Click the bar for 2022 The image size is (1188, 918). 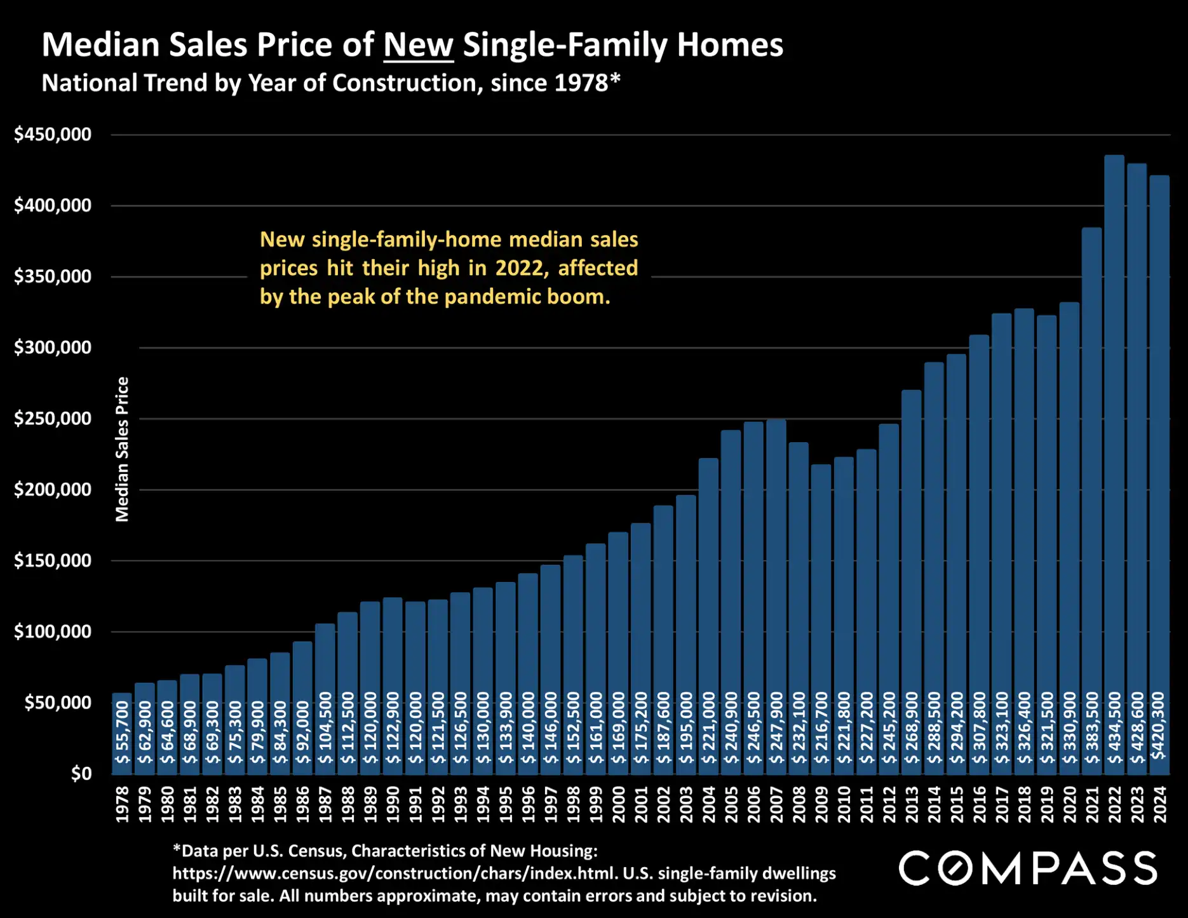click(x=1114, y=464)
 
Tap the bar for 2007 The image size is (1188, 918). click(x=776, y=597)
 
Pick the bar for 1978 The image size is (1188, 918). click(x=122, y=734)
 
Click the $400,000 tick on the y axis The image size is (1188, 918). click(x=53, y=206)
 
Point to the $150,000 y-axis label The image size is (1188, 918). click(x=53, y=561)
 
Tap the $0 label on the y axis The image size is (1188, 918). click(x=81, y=774)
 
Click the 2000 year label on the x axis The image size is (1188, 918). click(x=618, y=804)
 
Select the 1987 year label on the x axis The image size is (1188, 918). click(x=325, y=804)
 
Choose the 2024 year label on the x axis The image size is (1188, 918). click(x=1160, y=804)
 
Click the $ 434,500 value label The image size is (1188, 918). click(x=1114, y=728)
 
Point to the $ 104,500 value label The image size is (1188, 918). click(x=325, y=728)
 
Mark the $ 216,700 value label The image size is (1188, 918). click(x=821, y=728)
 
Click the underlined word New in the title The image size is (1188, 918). click(x=418, y=45)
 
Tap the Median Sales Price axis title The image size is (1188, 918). click(x=122, y=449)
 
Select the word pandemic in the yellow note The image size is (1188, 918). click(x=489, y=297)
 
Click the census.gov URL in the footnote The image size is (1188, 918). click(x=394, y=874)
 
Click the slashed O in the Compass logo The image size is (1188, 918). click(x=954, y=868)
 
